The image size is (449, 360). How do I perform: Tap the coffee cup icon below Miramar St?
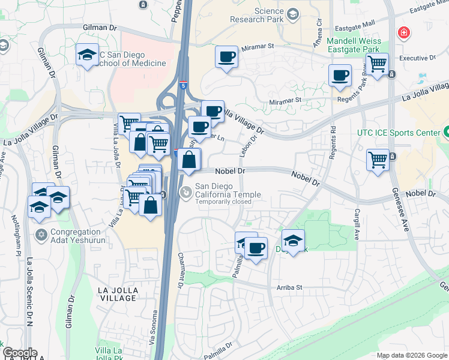click(x=226, y=58)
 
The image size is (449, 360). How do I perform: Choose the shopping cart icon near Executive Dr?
click(x=378, y=64)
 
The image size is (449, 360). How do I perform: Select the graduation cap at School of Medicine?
click(x=87, y=55)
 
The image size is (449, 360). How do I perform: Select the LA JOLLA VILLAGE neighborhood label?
click(x=118, y=293)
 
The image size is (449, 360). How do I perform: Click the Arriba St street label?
click(x=289, y=287)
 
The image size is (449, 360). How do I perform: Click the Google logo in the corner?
click(x=19, y=353)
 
